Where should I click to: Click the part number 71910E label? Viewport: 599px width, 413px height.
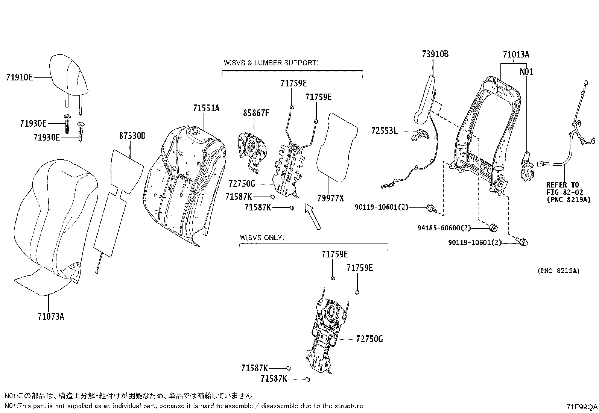point(19,78)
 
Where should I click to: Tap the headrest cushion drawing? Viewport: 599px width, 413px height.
point(70,75)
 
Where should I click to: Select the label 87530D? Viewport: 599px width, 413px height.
point(132,136)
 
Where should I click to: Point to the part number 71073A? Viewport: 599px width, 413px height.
point(51,317)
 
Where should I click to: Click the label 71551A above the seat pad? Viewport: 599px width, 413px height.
point(206,108)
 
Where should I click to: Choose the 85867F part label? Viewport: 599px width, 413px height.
point(256,113)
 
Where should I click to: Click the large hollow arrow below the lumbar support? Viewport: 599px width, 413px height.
point(313,216)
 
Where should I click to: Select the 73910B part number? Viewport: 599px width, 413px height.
point(435,54)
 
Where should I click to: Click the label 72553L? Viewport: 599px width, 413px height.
point(384,131)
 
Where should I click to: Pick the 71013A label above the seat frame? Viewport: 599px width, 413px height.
point(515,54)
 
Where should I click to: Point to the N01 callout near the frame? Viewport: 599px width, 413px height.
point(526,72)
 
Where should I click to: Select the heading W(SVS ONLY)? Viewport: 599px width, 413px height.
point(262,238)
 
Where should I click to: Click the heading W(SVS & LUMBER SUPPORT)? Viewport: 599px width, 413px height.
point(271,63)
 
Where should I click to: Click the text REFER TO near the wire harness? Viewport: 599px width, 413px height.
point(563,185)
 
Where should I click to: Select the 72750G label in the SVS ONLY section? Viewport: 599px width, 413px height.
point(369,339)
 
